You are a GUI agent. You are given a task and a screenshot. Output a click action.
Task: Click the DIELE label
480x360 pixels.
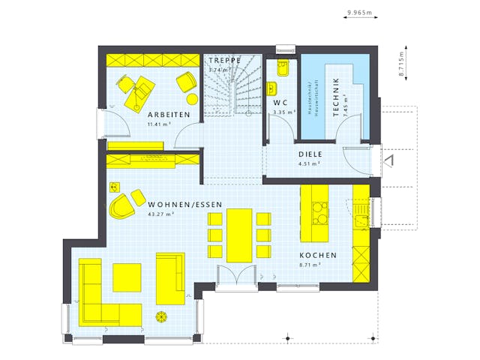pos(309,154)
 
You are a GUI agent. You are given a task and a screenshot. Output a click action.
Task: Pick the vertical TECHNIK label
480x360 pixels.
pos(336,95)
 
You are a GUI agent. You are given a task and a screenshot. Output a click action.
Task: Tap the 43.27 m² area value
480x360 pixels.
pos(161,214)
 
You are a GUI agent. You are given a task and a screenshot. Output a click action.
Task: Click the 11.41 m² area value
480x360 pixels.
pos(159,124)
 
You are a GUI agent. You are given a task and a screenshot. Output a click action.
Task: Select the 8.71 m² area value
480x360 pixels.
pos(310,265)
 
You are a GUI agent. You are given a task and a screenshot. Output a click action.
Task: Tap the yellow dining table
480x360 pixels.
pos(239,235)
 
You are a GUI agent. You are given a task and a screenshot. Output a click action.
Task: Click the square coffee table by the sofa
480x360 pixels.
pos(127,277)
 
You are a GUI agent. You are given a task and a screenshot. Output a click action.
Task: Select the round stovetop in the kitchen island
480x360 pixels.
pos(320,219)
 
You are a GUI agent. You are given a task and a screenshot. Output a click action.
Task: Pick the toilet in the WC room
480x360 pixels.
pos(283,69)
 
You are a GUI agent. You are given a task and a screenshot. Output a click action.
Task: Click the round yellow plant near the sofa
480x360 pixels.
pos(161,316)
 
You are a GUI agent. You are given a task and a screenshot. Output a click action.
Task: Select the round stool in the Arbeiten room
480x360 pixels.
pos(192,99)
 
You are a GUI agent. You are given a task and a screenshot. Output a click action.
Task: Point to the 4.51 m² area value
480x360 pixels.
pos(309,163)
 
